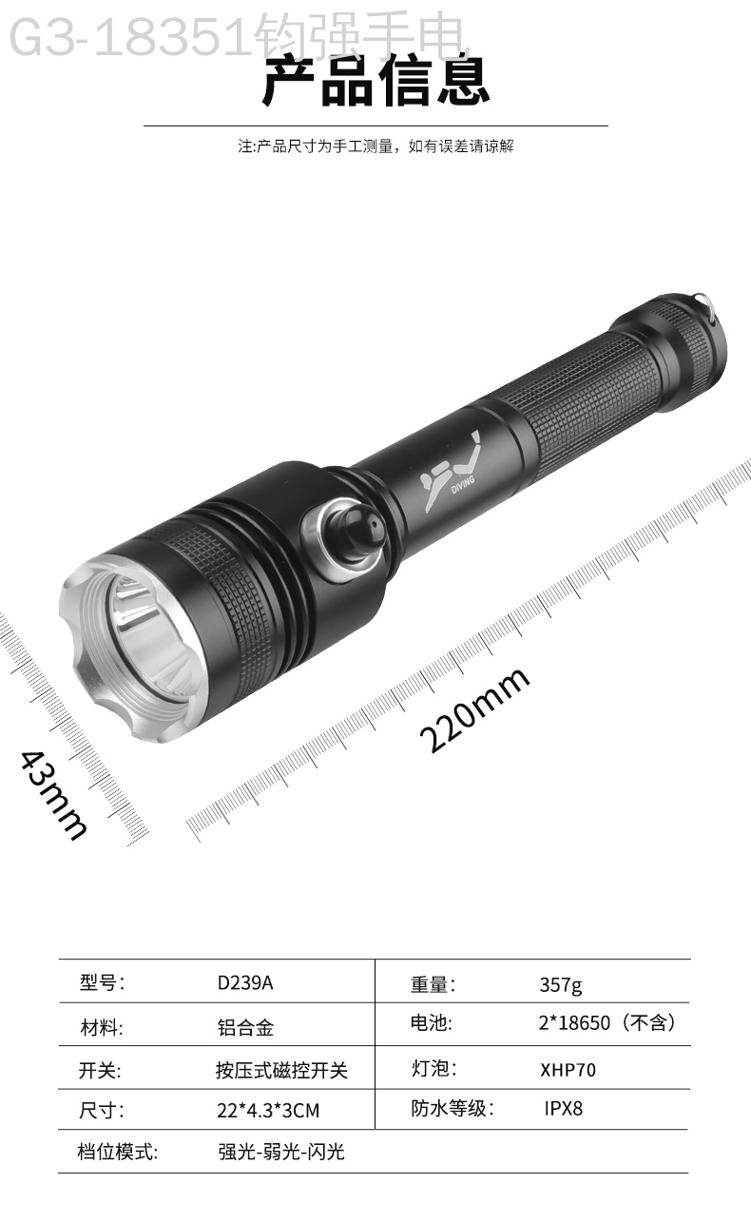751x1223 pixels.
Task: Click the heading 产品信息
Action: tap(376, 82)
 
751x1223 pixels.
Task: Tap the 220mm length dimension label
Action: tap(474, 709)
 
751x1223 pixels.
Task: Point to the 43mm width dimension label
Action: tap(54, 795)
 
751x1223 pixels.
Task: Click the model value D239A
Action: tap(245, 982)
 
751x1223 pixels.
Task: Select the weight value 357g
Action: tap(561, 985)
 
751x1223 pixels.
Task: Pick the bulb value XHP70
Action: tap(568, 1070)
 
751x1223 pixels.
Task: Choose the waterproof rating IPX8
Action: tap(563, 1108)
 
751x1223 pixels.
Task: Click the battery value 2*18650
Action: tap(574, 1022)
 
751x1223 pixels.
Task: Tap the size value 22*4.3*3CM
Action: tap(268, 1111)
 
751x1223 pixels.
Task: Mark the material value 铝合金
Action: tap(245, 1028)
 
